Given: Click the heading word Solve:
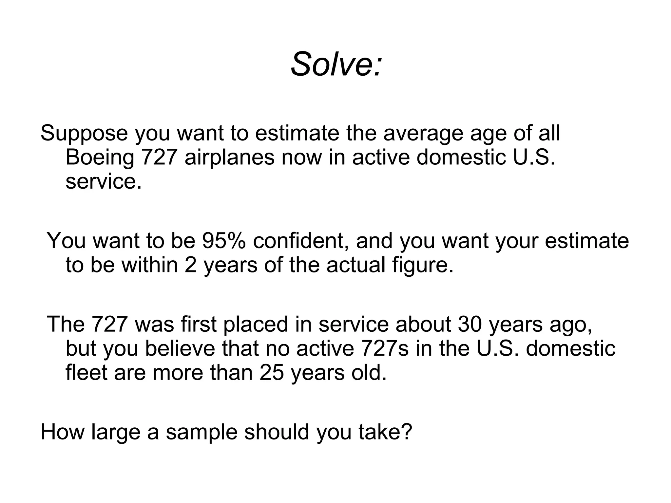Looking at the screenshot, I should [336, 64].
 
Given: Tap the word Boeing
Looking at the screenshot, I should [100, 157].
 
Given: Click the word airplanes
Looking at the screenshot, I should [229, 157].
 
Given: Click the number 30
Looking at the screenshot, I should [470, 324].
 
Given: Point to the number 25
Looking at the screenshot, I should [272, 373].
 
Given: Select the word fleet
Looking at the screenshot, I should [86, 373].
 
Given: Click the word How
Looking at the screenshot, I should [63, 432].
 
